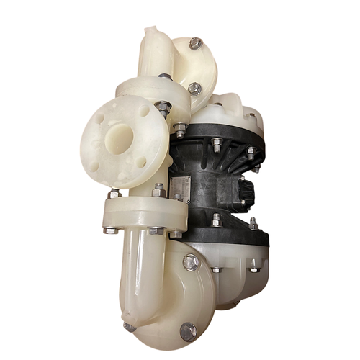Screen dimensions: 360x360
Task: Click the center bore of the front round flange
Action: point(117,136)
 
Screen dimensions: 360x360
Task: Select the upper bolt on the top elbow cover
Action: point(194,44)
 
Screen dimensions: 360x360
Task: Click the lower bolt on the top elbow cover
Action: point(194,89)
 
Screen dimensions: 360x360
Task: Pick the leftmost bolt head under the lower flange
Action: point(109,230)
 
